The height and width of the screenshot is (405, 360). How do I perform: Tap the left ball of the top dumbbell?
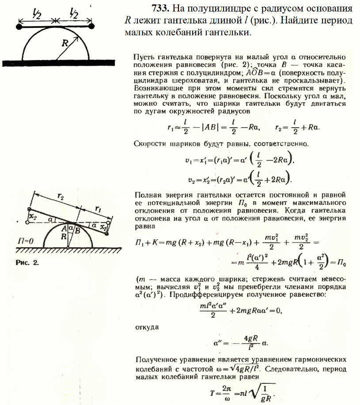click(19, 27)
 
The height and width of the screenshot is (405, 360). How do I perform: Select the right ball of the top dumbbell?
click(92, 27)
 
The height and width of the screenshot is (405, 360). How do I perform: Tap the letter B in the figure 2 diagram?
click(77, 230)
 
